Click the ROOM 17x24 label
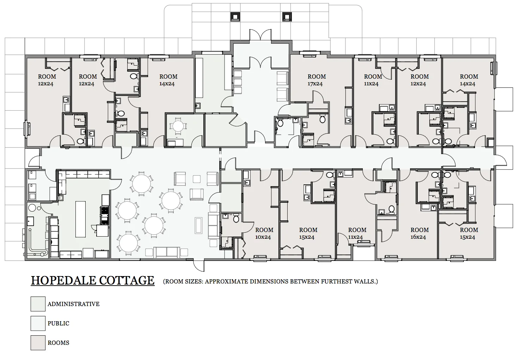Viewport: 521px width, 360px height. click(x=316, y=80)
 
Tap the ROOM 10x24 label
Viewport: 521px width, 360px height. click(x=264, y=233)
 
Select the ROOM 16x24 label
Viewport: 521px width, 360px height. click(x=419, y=233)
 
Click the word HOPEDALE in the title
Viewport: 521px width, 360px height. click(x=62, y=280)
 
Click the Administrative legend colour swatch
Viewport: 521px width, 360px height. click(x=38, y=304)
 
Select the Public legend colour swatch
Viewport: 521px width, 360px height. click(x=38, y=323)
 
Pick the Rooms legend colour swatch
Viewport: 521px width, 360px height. click(x=38, y=343)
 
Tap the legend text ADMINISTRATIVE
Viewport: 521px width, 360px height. click(x=73, y=304)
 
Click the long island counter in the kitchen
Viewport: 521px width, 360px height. click(x=81, y=219)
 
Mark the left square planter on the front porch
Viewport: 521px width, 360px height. click(x=235, y=17)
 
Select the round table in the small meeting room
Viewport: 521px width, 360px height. click(x=178, y=126)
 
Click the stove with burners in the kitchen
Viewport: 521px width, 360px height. click(x=105, y=215)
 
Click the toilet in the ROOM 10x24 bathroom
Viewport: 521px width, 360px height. click(x=236, y=219)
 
